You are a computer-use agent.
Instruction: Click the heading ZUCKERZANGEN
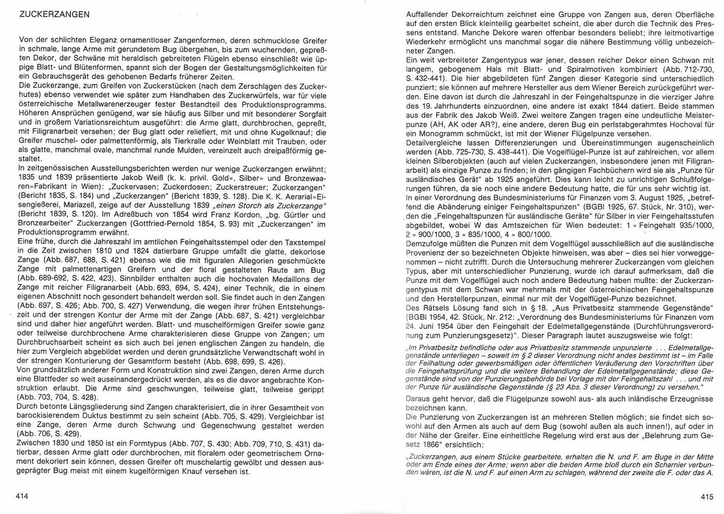pos(54,15)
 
